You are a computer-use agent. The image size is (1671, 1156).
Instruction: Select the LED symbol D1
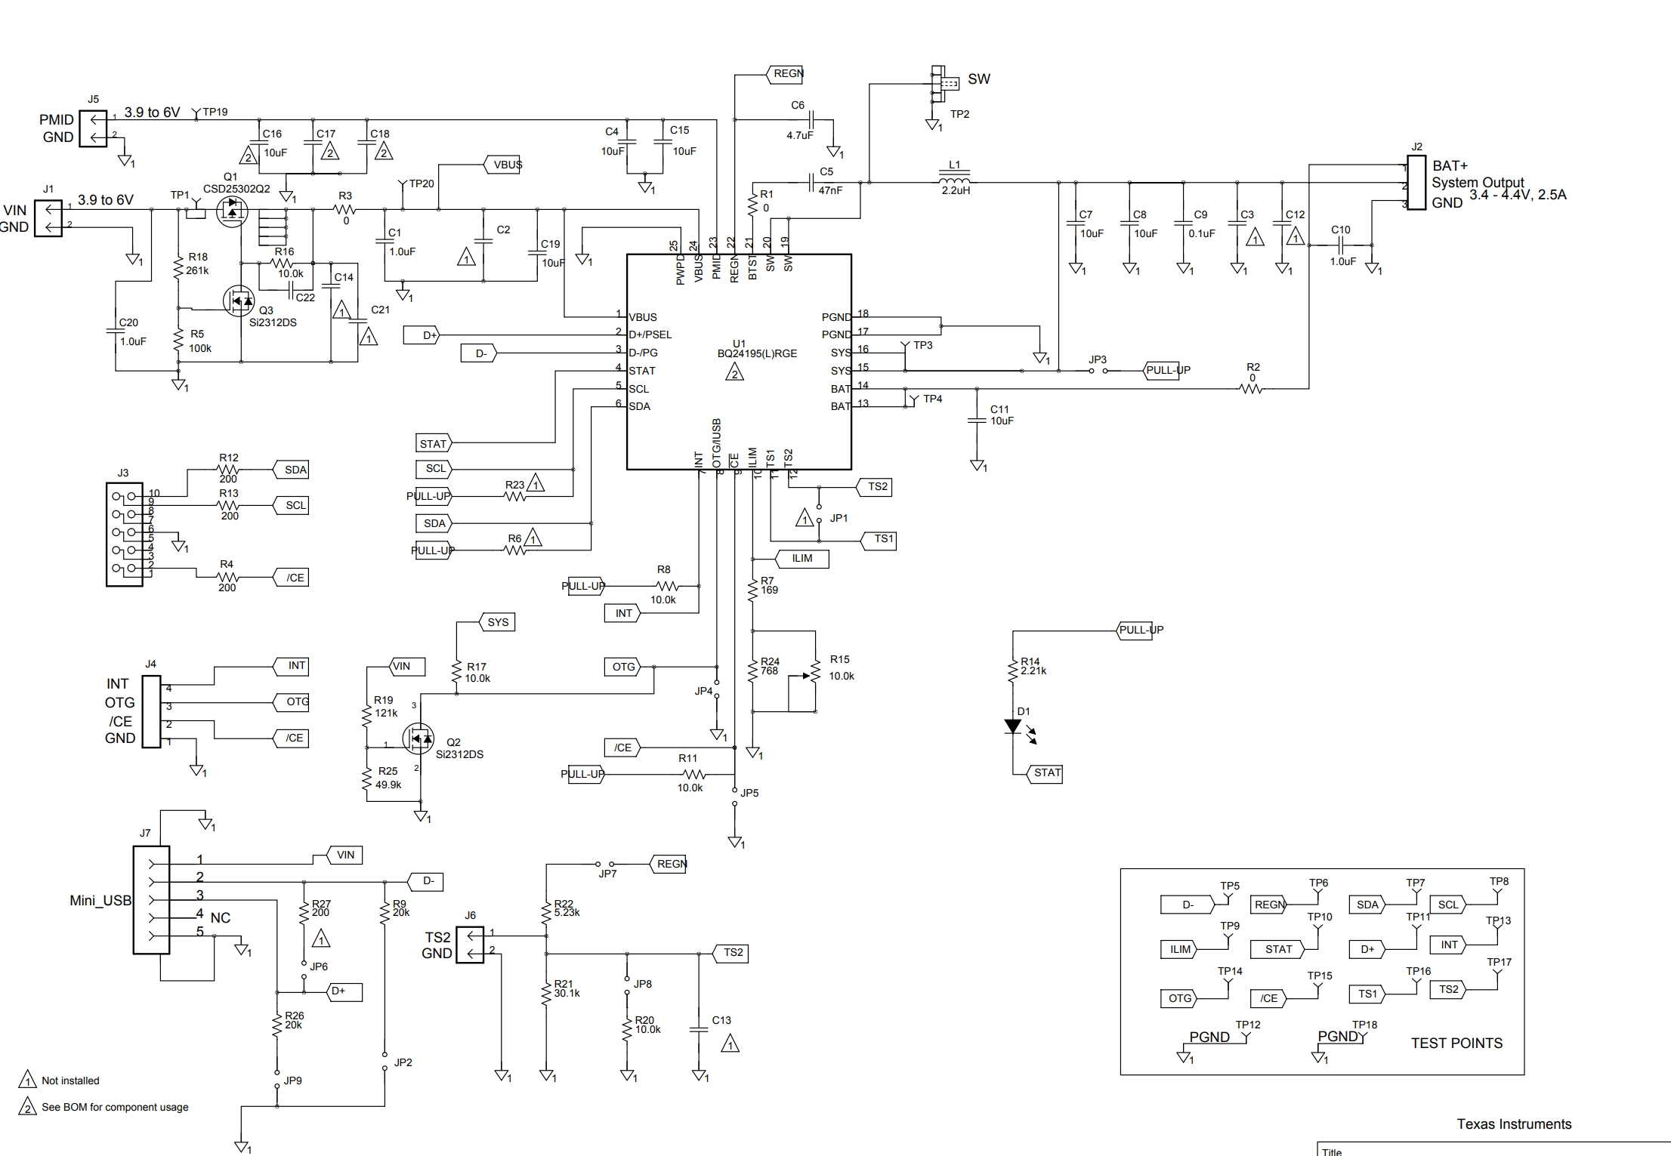point(1012,727)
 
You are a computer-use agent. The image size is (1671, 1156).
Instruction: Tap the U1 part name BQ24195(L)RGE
point(757,353)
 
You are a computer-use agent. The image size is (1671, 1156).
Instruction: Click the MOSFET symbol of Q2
point(418,739)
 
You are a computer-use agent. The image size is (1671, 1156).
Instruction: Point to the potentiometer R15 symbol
point(815,671)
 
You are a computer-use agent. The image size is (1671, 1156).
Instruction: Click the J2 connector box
point(1416,183)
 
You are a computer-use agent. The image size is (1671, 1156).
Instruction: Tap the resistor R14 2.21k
point(1012,669)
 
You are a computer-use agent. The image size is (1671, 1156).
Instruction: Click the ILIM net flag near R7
point(802,559)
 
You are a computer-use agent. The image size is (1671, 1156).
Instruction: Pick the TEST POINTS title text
point(1456,1043)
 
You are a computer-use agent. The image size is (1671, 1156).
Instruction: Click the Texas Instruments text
point(1514,1124)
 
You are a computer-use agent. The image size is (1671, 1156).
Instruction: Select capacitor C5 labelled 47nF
point(811,182)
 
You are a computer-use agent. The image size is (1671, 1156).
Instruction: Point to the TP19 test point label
point(215,112)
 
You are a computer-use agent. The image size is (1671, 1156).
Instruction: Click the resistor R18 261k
point(178,267)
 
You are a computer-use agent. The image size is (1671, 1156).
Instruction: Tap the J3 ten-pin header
point(125,535)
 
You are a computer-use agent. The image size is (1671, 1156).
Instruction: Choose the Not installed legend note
point(70,1080)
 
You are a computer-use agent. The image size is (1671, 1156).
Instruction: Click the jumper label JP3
point(1097,359)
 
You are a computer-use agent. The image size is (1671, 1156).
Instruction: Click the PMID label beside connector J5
point(57,120)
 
